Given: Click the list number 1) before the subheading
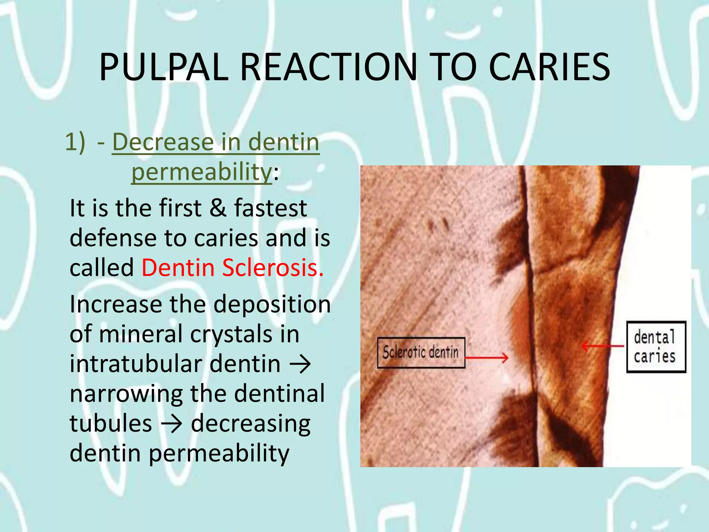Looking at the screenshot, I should point(75,142).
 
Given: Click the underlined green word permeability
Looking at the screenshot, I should point(201,172).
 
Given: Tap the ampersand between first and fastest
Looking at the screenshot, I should point(218,208).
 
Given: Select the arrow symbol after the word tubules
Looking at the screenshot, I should point(171,424).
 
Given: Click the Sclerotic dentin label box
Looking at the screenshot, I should point(421,353).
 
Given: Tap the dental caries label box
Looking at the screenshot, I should point(656,347).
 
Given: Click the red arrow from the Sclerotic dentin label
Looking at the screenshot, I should point(487,357).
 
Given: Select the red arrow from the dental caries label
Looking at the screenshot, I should point(603,346).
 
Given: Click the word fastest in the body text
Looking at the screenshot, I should point(270,208).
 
